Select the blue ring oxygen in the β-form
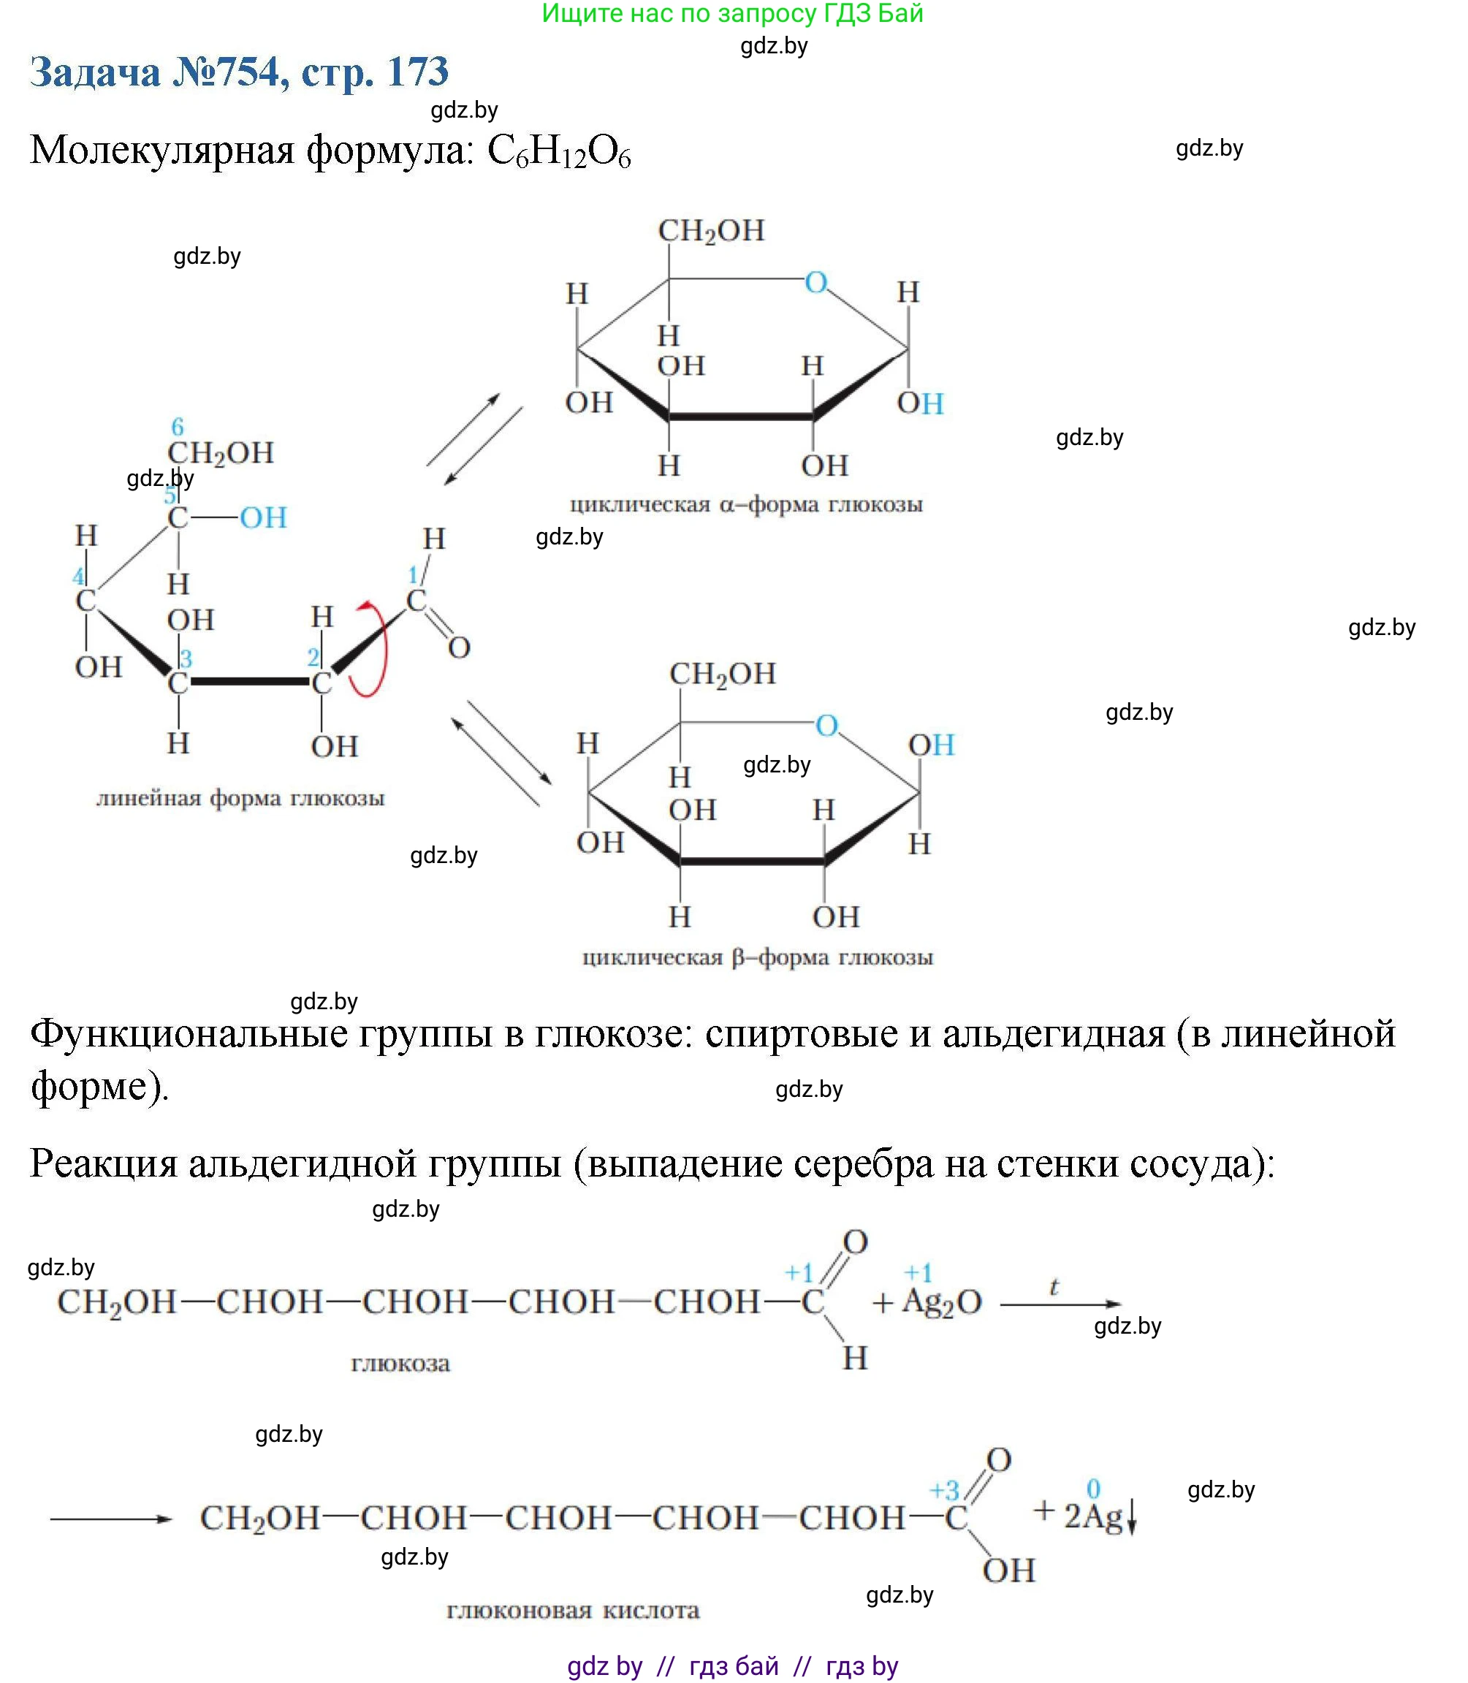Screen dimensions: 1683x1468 (x=826, y=725)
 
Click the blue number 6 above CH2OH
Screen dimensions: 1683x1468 (x=178, y=426)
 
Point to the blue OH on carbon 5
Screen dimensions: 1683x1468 (x=263, y=518)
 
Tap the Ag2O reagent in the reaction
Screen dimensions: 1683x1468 (x=941, y=1302)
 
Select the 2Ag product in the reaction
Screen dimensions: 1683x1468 (x=1093, y=1516)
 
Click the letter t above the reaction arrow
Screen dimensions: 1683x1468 (x=1054, y=1287)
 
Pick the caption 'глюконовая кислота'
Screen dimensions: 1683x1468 (x=573, y=1610)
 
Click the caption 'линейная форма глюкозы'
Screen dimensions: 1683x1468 (x=240, y=798)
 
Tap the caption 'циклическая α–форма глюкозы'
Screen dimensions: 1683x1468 (x=745, y=504)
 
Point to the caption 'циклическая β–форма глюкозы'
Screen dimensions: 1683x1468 (x=758, y=957)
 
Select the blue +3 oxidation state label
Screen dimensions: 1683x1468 (x=944, y=1489)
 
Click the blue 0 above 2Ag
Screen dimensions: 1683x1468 (x=1093, y=1488)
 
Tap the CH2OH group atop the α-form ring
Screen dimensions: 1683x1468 (x=711, y=231)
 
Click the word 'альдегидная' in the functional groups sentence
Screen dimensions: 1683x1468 (x=1054, y=1034)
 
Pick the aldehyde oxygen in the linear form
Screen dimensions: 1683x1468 (x=459, y=648)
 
